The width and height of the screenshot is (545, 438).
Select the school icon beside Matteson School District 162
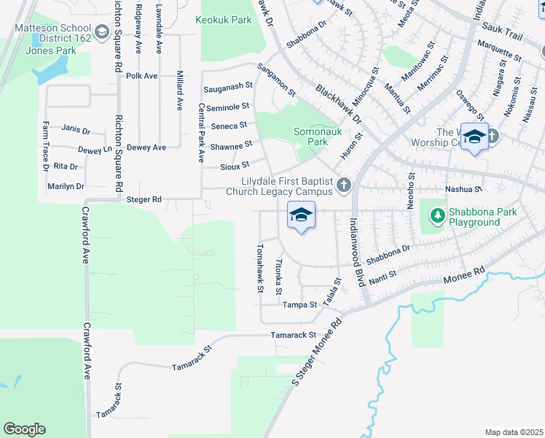click(x=101, y=31)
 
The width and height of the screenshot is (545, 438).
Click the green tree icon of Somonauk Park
click(x=315, y=142)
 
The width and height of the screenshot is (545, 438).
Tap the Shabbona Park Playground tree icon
click(x=437, y=215)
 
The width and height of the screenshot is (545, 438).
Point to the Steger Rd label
click(x=143, y=199)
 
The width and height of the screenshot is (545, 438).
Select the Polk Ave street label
click(x=141, y=75)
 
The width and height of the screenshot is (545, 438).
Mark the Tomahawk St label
click(x=259, y=267)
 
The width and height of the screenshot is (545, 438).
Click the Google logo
click(x=24, y=429)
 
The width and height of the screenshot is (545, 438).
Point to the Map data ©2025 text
click(x=513, y=432)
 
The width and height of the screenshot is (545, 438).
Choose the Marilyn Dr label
click(x=66, y=187)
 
